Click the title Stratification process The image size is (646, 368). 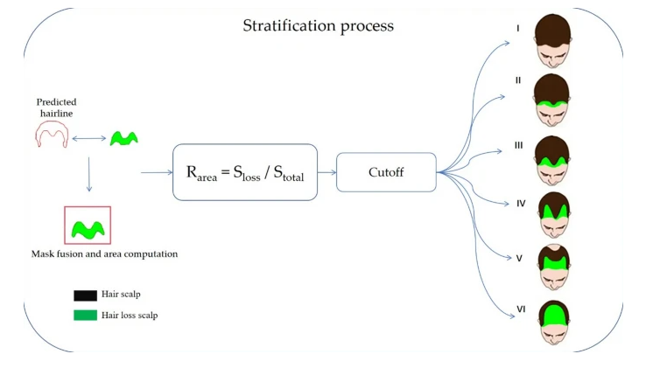318,25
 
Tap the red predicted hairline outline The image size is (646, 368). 52,134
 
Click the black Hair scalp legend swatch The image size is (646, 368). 86,295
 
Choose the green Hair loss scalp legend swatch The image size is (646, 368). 86,315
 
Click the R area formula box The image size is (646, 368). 245,172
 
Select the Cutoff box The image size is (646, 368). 386,172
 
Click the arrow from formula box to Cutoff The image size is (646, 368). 327,172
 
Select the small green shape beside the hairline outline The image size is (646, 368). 123,137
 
